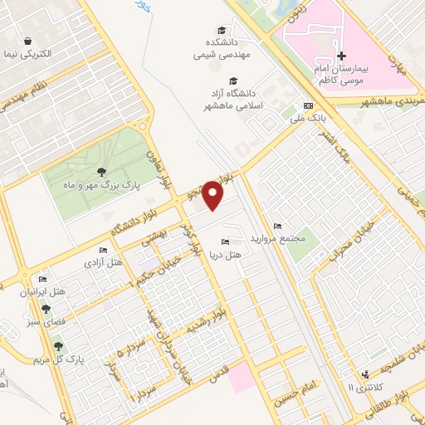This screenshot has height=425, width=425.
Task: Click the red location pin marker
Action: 214,195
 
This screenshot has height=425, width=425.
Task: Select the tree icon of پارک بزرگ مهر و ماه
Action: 101,173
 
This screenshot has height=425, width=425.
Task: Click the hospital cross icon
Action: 340,55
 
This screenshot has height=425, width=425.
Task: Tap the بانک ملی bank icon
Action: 308,106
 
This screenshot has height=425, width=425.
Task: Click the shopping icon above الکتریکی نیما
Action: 28,41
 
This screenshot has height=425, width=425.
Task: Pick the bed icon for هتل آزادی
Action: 103,251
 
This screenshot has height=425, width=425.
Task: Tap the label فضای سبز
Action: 45,323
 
